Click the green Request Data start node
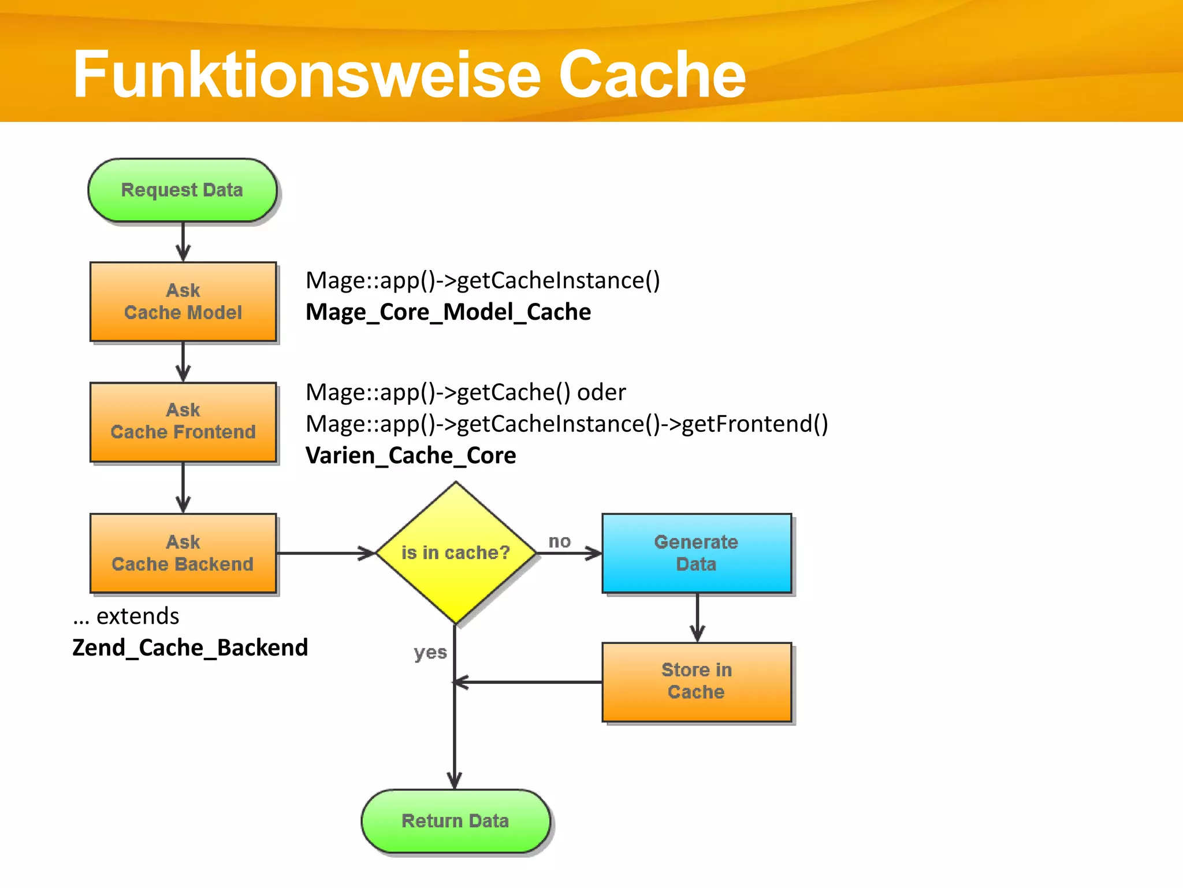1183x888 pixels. pyautogui.click(x=183, y=190)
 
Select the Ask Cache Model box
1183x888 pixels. pyautogui.click(x=183, y=301)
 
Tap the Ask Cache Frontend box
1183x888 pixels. pyautogui.click(x=183, y=421)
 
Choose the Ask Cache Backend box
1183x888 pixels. pyautogui.click(x=183, y=553)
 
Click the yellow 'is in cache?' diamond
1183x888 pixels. pyautogui.click(x=456, y=553)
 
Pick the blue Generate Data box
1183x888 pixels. pyautogui.click(x=696, y=553)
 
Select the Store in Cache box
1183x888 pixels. pyautogui.click(x=696, y=682)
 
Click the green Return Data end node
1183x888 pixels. pyautogui.click(x=456, y=821)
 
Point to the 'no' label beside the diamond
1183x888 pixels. pyautogui.click(x=559, y=542)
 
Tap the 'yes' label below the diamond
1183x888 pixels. pyautogui.click(x=430, y=653)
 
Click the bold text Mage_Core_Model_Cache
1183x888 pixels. pyautogui.click(x=448, y=312)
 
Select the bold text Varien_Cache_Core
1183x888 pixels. pyautogui.click(x=411, y=456)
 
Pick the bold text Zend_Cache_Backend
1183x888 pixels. pyautogui.click(x=190, y=647)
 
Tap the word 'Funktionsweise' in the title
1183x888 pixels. pyautogui.click(x=306, y=75)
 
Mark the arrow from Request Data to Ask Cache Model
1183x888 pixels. pyautogui.click(x=183, y=242)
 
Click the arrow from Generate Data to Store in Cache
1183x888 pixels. pyautogui.click(x=697, y=617)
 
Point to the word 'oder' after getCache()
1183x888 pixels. pyautogui.click(x=601, y=393)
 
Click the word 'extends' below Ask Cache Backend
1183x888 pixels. pyautogui.click(x=137, y=616)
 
